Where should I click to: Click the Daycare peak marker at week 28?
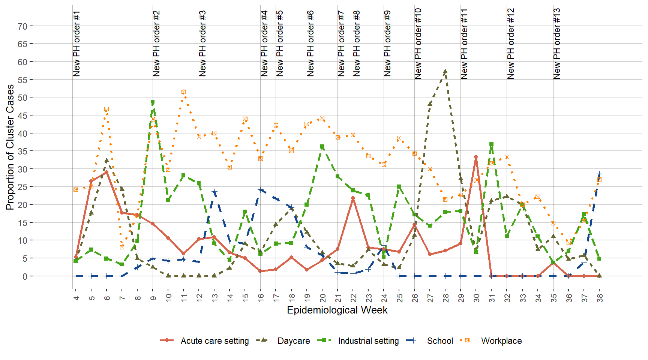pyautogui.click(x=445, y=71)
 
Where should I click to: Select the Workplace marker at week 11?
pyautogui.click(x=183, y=92)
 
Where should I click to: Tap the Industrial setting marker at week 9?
pyautogui.click(x=153, y=102)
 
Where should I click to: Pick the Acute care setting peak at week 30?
pyautogui.click(x=476, y=157)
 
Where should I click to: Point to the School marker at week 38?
pyautogui.click(x=599, y=174)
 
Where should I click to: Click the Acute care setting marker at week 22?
pyautogui.click(x=353, y=198)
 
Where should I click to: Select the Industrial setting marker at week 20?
pyautogui.click(x=322, y=147)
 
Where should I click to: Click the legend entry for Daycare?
pyautogui.click(x=294, y=341)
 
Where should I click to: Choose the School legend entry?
pyautogui.click(x=440, y=341)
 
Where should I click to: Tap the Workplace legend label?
pyautogui.click(x=501, y=341)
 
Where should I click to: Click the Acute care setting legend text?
pyautogui.click(x=214, y=341)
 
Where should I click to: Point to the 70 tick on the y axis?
pyautogui.click(x=22, y=26)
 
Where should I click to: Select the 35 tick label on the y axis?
pyautogui.click(x=22, y=151)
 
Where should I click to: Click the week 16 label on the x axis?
pyautogui.click(x=261, y=297)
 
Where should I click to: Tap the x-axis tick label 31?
pyautogui.click(x=492, y=297)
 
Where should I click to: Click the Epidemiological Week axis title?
pyautogui.click(x=337, y=310)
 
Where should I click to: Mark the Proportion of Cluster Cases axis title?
pyautogui.click(x=10, y=147)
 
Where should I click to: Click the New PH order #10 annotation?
pyautogui.click(x=418, y=43)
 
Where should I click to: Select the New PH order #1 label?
pyautogui.click(x=76, y=43)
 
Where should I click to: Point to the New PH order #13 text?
pyautogui.click(x=557, y=43)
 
